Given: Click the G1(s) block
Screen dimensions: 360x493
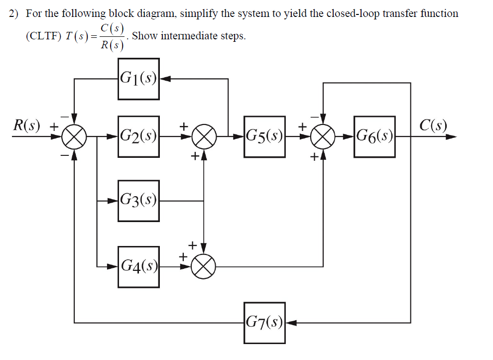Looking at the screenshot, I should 138,79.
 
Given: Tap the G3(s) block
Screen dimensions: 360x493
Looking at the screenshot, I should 138,201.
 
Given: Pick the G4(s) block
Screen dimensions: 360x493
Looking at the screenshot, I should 138,266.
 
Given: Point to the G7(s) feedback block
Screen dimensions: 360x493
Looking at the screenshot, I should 264,323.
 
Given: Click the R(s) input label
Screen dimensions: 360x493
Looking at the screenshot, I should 27,125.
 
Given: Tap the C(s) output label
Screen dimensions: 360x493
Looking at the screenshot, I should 433,125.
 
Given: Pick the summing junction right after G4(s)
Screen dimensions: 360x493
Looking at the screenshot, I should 204,266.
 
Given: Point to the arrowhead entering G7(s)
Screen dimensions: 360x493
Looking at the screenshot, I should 291,323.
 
